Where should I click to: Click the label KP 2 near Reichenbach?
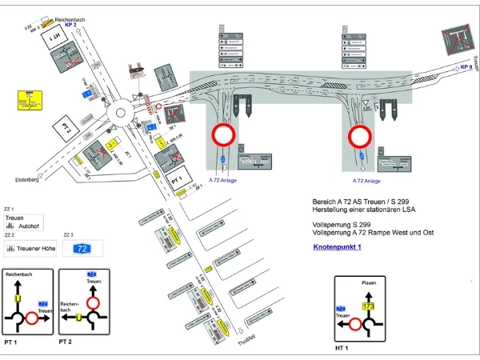tap(70, 25)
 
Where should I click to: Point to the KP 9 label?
tap(466, 67)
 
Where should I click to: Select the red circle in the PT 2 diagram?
tap(94, 303)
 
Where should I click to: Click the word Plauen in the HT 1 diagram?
tap(369, 282)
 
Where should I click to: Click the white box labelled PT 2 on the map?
tap(65, 127)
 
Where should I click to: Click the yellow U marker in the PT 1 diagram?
tap(17, 298)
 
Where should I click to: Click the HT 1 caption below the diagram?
tap(344, 349)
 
